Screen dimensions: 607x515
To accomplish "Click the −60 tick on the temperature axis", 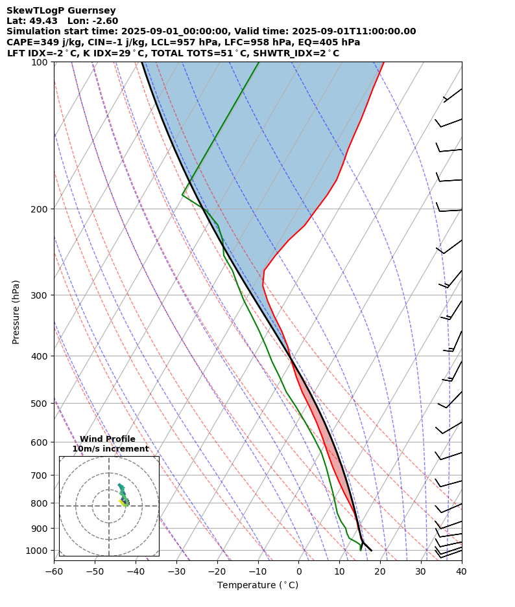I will coord(54,571).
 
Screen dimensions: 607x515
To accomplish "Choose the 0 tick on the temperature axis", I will coord(298,571).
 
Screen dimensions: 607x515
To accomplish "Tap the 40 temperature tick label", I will coord(461,571).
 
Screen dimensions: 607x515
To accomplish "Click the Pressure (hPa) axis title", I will coord(16,312).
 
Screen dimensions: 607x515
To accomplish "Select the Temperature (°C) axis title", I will coord(257,585).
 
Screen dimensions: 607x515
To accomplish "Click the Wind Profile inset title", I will coord(108,439).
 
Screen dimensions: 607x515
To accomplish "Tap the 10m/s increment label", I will coord(110,449).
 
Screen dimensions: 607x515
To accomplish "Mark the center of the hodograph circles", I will coord(109,506).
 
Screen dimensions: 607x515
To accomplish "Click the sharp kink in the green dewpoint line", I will coord(182,194).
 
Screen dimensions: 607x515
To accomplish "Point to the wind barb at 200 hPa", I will coord(449,210).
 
